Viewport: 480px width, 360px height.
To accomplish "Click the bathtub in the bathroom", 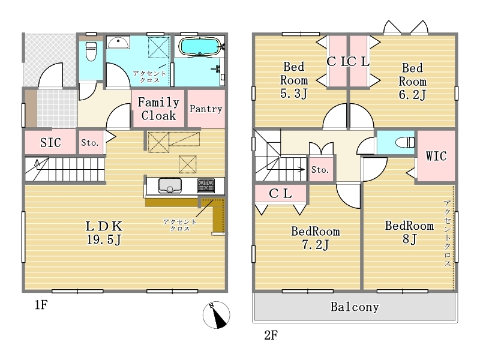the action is (x=199, y=47).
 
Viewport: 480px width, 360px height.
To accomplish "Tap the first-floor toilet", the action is (x=91, y=52).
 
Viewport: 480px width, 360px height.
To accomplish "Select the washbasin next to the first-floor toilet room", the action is (x=118, y=43).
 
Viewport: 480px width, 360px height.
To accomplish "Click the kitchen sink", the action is (x=170, y=185).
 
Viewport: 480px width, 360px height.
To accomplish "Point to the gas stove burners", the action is (x=206, y=185).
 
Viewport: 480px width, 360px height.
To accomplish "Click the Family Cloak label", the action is (x=158, y=109).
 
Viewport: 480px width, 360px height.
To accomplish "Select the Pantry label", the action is (x=206, y=109).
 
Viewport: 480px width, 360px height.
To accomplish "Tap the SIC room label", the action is (x=50, y=142).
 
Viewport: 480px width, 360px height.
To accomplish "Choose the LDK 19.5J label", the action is (x=104, y=233).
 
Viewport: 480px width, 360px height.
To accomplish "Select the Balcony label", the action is (x=355, y=307).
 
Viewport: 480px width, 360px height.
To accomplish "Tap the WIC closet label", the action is (x=436, y=156).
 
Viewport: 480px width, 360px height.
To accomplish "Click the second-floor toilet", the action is (x=404, y=142).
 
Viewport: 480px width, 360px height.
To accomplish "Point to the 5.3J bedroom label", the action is (x=294, y=80).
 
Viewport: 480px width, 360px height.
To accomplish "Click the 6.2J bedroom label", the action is (x=412, y=82).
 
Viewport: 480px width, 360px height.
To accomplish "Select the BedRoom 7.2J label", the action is (x=316, y=238).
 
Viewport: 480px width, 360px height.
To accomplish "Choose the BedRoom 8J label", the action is (x=409, y=232).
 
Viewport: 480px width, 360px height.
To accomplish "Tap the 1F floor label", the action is (x=41, y=305).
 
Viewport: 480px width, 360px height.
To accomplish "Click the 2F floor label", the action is (x=271, y=335).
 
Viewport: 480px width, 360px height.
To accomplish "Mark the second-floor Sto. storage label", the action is (x=320, y=169).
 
